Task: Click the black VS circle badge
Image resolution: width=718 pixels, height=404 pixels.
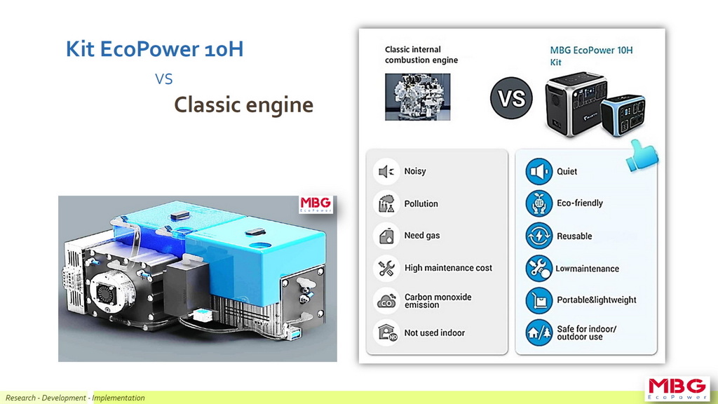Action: (x=511, y=98)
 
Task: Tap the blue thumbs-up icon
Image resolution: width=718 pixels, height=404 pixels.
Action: (x=642, y=156)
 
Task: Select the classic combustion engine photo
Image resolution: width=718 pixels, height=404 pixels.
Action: (x=417, y=97)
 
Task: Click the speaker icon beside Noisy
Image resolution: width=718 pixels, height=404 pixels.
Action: (x=386, y=171)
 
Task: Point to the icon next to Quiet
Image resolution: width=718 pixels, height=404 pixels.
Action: (x=539, y=171)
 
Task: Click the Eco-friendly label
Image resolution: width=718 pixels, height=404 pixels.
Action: (x=580, y=203)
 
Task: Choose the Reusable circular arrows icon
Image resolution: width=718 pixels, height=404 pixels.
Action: (x=539, y=236)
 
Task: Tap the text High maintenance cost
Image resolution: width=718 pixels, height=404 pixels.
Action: (x=448, y=268)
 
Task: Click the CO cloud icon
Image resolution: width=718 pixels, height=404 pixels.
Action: (x=386, y=301)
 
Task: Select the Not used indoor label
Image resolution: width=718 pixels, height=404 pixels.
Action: (x=435, y=333)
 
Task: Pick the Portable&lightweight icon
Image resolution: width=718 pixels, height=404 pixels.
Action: (x=539, y=300)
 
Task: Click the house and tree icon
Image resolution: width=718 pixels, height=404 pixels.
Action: (x=539, y=332)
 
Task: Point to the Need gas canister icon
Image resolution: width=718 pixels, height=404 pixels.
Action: (x=386, y=236)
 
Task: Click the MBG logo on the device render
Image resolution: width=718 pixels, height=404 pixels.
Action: (x=316, y=204)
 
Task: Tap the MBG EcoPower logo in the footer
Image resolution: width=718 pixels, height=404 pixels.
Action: (x=677, y=389)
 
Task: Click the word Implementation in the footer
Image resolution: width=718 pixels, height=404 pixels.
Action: (x=118, y=398)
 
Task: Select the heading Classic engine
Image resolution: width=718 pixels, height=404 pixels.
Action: (x=243, y=105)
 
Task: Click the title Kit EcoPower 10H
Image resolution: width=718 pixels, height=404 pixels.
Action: (x=155, y=49)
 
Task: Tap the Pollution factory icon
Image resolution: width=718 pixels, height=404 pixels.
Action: (x=386, y=203)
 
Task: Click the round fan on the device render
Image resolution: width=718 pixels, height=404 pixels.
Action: (x=107, y=291)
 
